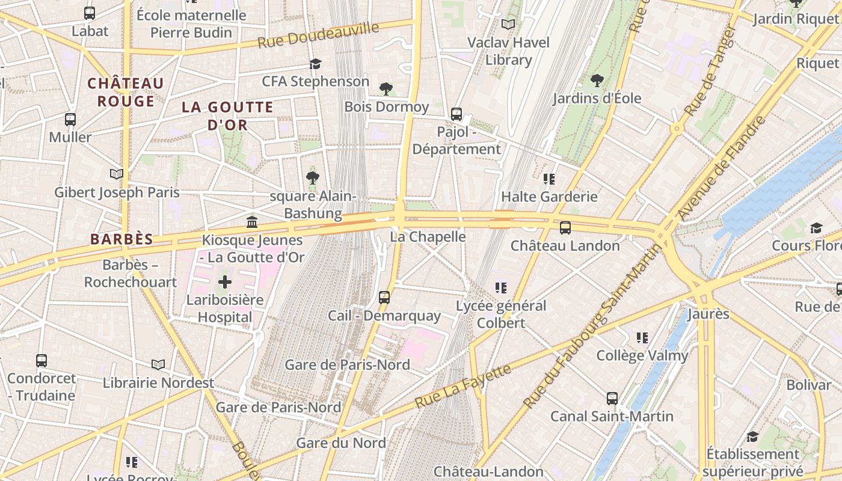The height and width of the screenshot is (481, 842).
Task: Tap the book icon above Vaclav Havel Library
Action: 508,24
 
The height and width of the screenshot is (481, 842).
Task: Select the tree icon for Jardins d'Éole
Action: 597,80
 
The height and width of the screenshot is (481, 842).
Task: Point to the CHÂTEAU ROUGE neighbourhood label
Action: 126,92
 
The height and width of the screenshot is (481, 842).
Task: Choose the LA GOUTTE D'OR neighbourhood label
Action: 227,116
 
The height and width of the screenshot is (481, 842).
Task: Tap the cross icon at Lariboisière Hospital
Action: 224,281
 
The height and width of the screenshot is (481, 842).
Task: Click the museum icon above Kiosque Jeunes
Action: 252,222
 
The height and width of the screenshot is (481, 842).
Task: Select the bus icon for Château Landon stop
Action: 565,227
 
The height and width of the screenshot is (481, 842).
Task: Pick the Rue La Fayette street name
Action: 463,385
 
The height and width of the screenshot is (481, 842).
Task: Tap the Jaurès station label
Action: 708,314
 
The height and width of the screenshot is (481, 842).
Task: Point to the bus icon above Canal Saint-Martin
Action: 612,398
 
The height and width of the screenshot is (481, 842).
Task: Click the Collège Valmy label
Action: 642,355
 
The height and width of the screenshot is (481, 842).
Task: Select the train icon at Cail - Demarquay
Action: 384,297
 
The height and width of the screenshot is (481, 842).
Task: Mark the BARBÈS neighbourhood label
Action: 122,239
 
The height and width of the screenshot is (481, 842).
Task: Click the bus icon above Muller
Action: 70,119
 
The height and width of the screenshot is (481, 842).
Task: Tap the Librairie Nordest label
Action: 158,382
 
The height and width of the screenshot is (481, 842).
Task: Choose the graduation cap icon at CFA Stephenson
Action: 315,64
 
